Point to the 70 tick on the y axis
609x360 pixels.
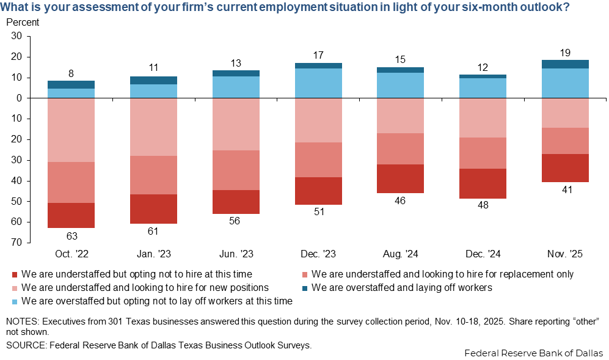pos(16,243)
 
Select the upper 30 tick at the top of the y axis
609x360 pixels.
pos(16,36)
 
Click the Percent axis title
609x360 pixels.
pos(23,23)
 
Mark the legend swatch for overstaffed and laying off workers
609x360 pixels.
pos(305,287)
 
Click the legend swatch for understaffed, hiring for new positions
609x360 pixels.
pos(15,287)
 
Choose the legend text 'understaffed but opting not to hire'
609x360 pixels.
pos(136,274)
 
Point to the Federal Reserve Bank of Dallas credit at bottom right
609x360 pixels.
pos(533,353)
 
